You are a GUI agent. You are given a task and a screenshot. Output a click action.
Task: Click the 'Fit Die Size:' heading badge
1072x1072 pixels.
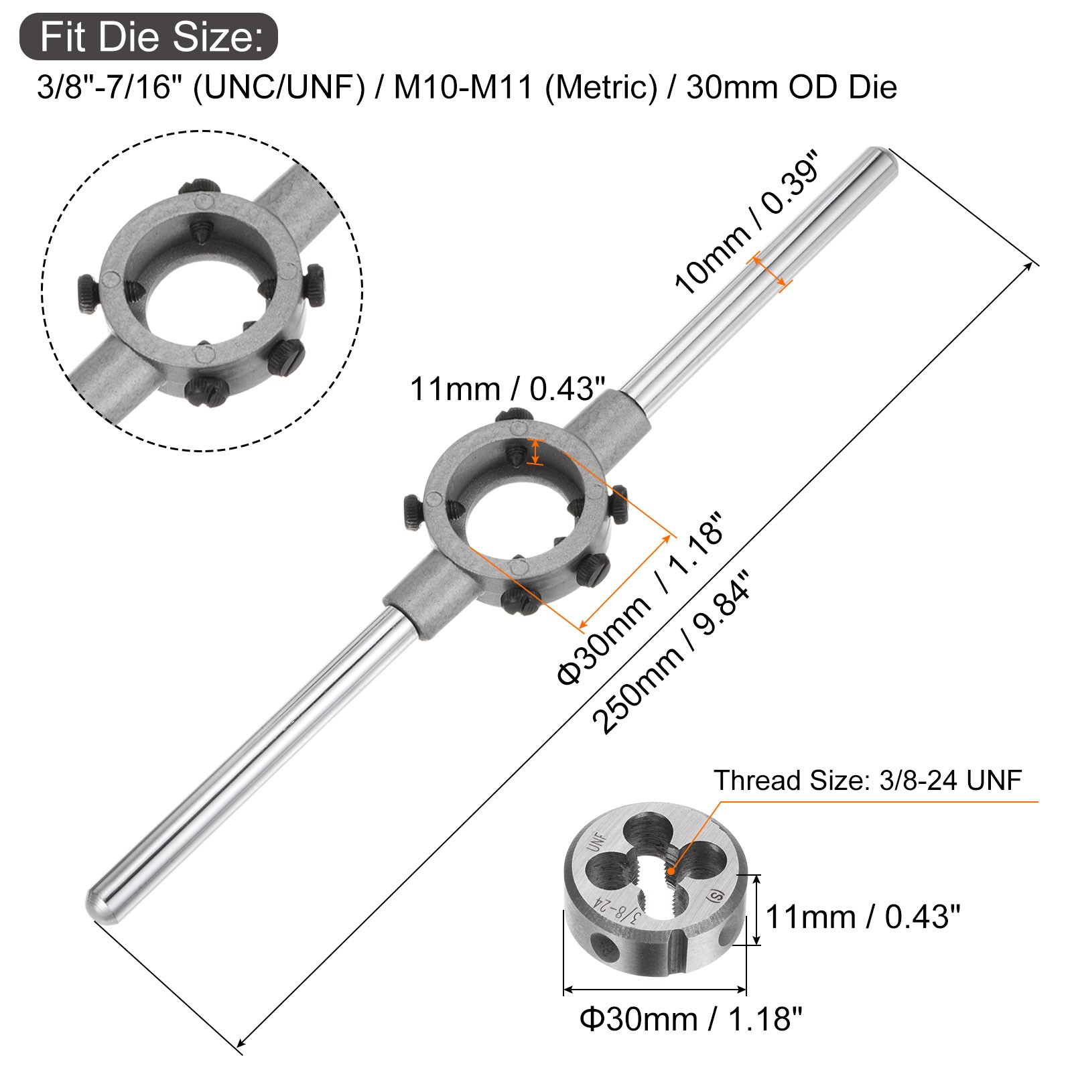(148, 36)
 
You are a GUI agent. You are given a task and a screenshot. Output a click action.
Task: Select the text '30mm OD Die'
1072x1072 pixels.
(791, 87)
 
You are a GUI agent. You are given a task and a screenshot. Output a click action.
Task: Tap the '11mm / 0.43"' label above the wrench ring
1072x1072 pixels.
(507, 389)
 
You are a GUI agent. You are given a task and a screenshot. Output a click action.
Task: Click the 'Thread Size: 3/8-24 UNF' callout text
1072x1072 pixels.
(868, 781)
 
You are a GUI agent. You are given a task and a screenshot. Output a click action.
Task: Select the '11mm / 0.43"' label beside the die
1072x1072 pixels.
(863, 917)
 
